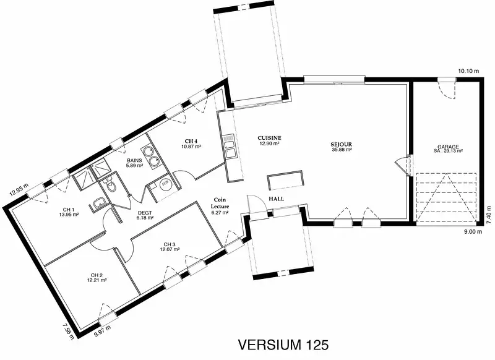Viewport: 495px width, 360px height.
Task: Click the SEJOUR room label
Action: click(342, 145)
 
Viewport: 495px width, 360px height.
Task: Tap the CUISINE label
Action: click(269, 138)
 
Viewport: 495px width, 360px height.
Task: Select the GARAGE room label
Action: click(448, 147)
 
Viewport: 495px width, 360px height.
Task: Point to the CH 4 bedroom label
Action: click(191, 141)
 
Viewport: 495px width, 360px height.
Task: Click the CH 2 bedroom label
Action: click(97, 275)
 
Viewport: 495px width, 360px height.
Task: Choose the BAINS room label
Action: click(134, 160)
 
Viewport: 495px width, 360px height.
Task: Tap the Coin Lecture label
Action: click(220, 203)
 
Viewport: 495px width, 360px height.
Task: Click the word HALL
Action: click(276, 199)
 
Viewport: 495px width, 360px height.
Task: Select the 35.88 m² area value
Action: click(342, 150)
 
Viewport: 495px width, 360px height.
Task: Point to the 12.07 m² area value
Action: click(170, 249)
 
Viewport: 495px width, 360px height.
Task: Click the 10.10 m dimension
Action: click(468, 71)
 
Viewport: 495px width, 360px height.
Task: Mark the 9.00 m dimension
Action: click(473, 232)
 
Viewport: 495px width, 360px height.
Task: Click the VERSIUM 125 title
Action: click(283, 345)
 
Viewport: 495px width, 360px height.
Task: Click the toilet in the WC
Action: click(110, 185)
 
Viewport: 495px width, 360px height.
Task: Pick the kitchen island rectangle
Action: click(285, 180)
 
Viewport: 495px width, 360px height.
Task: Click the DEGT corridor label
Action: click(145, 213)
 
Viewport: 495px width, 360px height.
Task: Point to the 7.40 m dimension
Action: click(489, 215)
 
